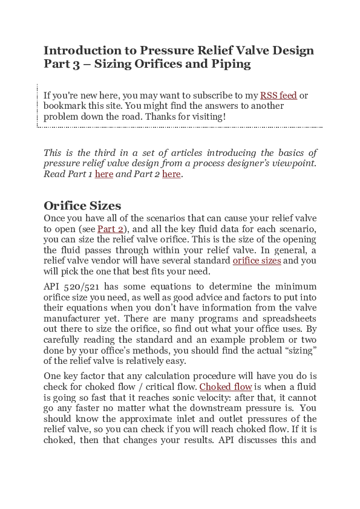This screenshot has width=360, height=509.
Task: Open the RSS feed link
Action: (x=278, y=96)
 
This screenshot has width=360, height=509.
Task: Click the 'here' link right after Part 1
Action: (x=104, y=175)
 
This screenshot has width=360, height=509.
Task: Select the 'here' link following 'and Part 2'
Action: (x=171, y=175)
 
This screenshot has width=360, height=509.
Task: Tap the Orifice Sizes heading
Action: (x=82, y=206)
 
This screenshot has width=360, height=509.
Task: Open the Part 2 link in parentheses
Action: (x=110, y=229)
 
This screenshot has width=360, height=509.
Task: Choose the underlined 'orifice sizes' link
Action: (x=257, y=261)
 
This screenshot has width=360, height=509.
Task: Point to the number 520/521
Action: (x=80, y=287)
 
